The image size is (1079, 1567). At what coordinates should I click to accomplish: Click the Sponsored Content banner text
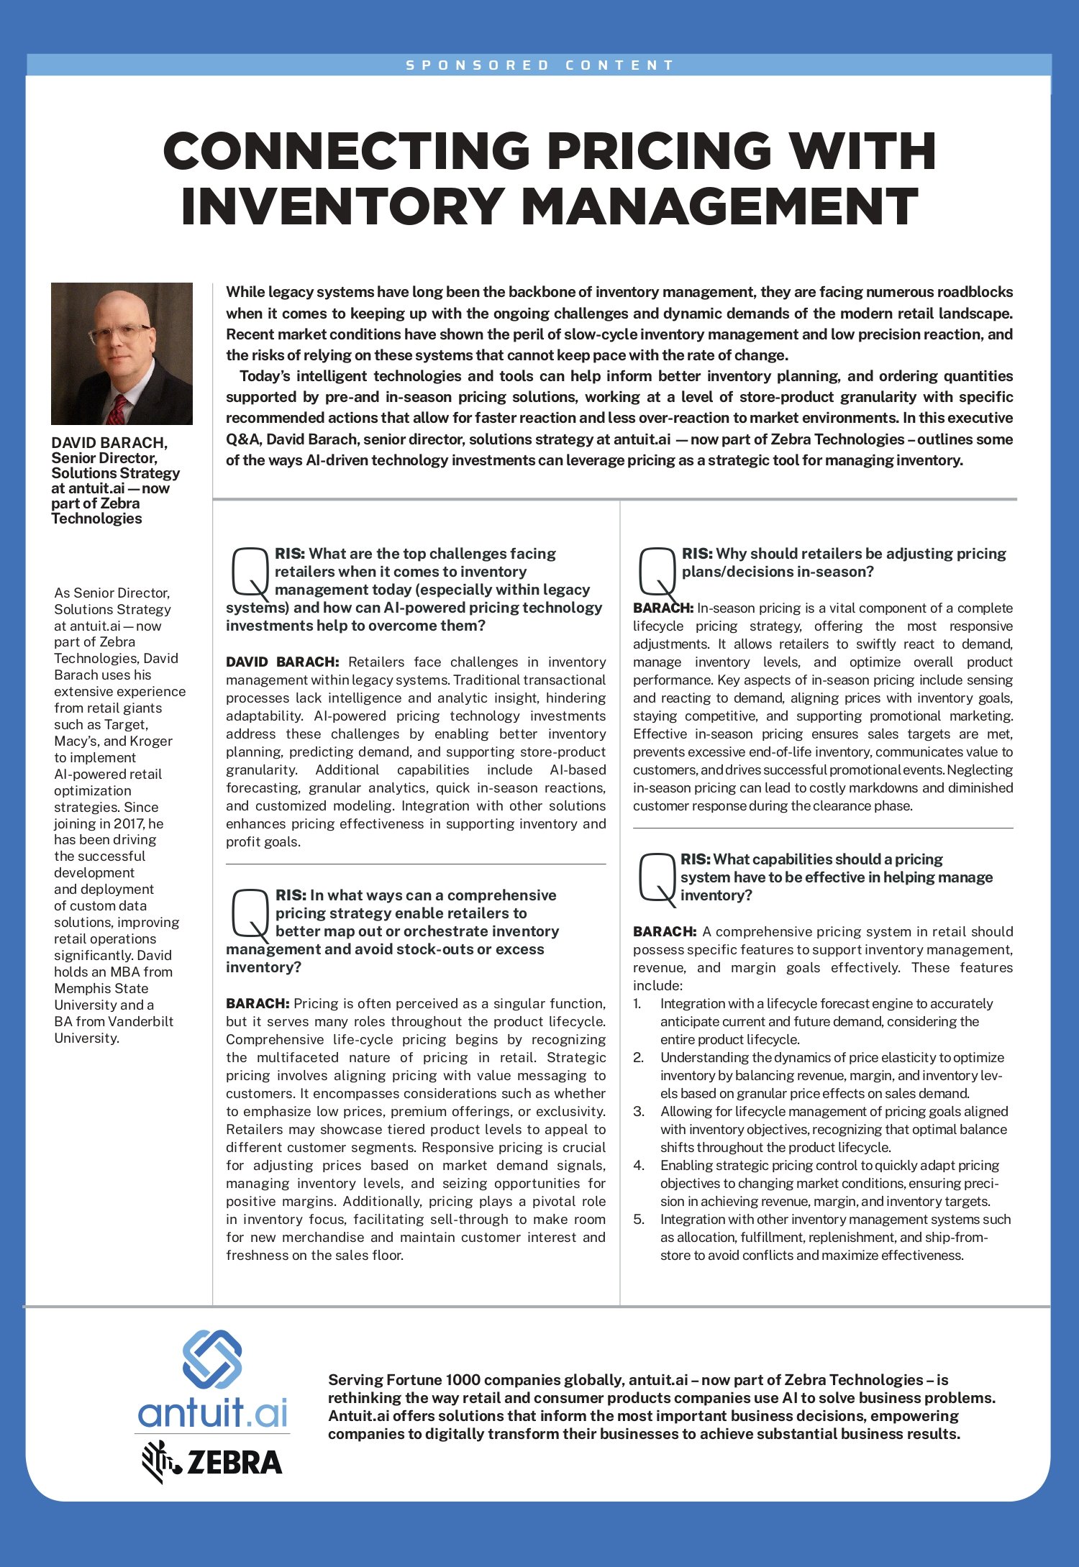click(539, 65)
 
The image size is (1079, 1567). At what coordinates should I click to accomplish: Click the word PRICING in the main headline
click(659, 152)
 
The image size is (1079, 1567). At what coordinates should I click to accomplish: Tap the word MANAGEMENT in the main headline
click(719, 207)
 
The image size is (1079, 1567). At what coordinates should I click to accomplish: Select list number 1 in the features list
click(637, 1004)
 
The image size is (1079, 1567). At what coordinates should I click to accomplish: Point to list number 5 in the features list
click(638, 1220)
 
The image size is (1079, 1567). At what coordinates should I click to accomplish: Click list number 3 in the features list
click(638, 1112)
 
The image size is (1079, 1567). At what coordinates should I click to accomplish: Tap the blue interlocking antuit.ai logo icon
click(212, 1359)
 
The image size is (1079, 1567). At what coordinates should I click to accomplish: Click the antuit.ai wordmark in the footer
click(212, 1413)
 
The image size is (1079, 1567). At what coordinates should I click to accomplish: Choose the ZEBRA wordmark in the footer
click(235, 1463)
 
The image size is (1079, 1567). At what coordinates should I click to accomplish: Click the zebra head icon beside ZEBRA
click(158, 1461)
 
